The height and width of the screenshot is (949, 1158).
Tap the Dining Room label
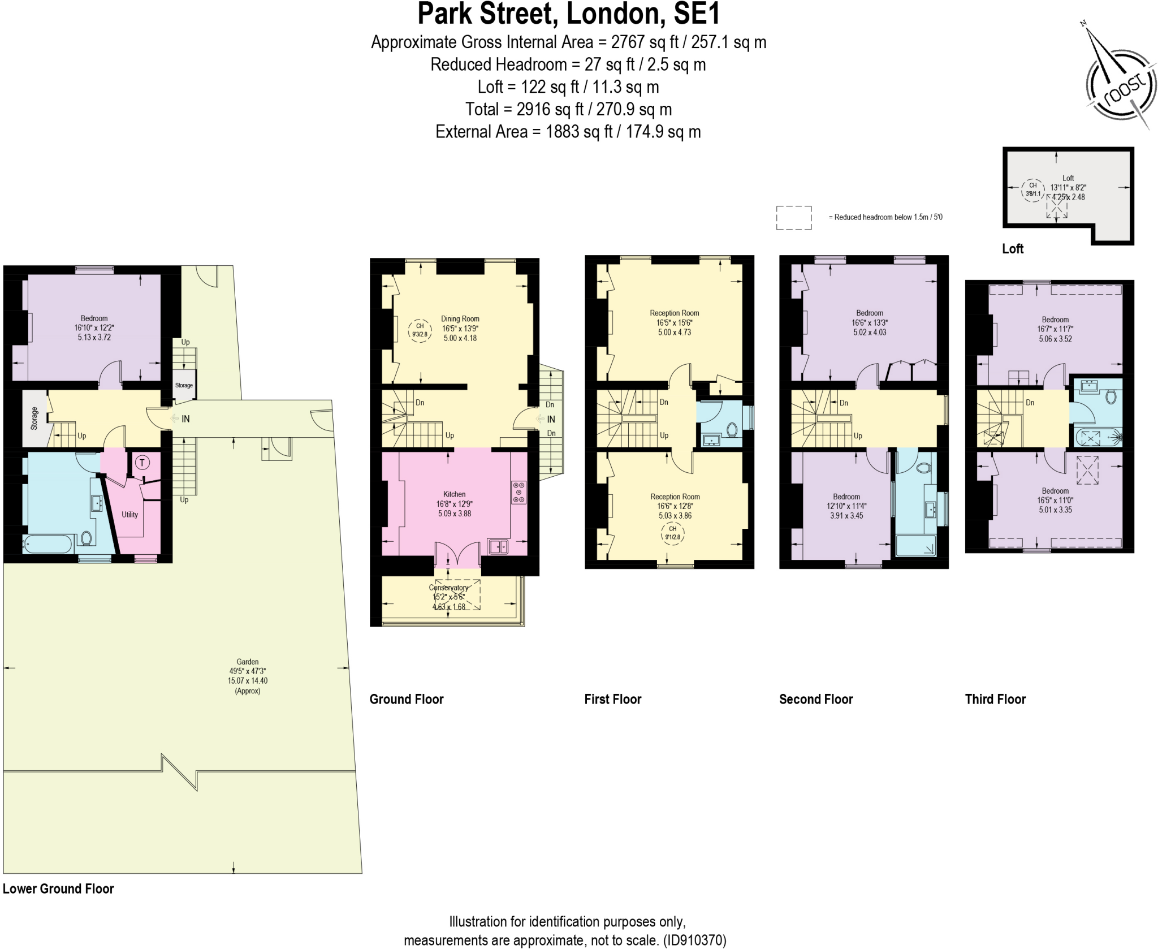(x=460, y=319)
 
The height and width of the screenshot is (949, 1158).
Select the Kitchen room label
(x=454, y=494)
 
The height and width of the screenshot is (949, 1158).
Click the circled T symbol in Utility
(x=142, y=463)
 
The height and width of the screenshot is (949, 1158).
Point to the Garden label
(x=248, y=662)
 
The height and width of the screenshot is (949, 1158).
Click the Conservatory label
(x=448, y=588)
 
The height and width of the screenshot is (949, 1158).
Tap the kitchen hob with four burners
(x=518, y=492)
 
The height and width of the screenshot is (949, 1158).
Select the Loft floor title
(x=1012, y=249)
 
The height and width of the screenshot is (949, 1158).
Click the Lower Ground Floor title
(x=58, y=888)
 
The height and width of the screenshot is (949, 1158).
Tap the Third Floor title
(x=995, y=699)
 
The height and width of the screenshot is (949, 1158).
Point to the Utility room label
(x=129, y=515)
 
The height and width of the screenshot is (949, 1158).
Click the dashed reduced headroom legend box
(x=794, y=218)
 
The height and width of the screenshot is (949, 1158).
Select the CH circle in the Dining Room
(x=420, y=330)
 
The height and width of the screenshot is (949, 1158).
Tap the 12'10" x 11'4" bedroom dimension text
(x=846, y=506)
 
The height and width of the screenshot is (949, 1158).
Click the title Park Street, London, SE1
(x=568, y=14)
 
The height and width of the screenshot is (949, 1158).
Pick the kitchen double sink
(x=498, y=546)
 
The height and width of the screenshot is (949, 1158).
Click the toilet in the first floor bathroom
(x=732, y=430)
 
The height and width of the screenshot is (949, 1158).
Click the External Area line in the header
(x=568, y=132)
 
